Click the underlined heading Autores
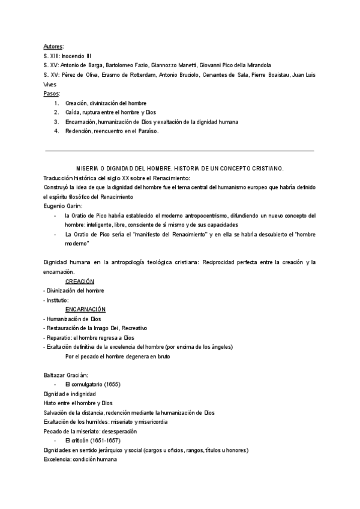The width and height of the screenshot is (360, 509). coord(53,46)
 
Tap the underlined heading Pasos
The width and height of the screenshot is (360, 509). coord(52,94)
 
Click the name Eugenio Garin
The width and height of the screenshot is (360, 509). coord(62,206)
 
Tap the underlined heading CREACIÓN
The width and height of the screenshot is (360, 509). coord(80,281)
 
